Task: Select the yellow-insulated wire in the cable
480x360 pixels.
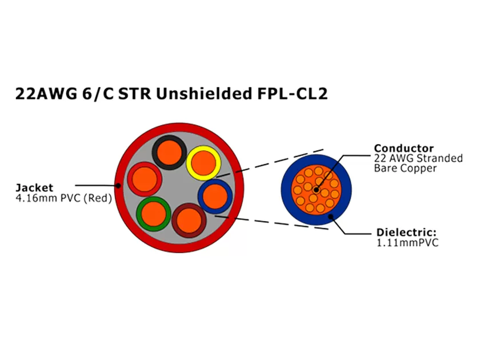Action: coord(203,163)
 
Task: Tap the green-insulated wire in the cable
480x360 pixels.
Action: coord(154,214)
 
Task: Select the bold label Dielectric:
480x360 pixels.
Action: coord(406,233)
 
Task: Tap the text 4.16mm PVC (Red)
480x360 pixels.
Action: coord(63,198)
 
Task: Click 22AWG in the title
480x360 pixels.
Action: coord(43,95)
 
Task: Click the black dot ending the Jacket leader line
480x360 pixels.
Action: coord(118,185)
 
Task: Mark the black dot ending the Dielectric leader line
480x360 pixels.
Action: coord(330,215)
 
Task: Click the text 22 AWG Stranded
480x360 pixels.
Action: coord(418,158)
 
